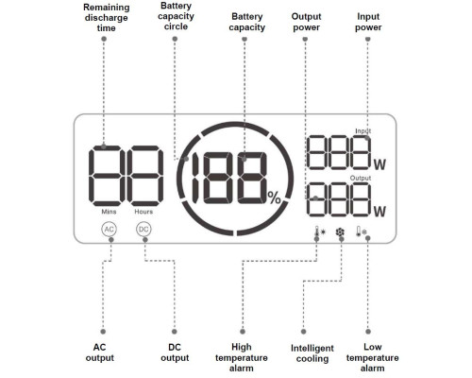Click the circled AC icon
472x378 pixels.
[109, 229]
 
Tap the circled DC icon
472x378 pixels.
[143, 229]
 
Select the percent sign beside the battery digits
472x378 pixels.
[274, 198]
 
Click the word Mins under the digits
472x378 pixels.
[109, 212]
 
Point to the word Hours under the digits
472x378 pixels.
[143, 212]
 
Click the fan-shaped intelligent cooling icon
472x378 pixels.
[340, 232]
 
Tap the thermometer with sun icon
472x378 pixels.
[320, 232]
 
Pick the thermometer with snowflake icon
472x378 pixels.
[362, 232]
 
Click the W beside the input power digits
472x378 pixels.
[379, 164]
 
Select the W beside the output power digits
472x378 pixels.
[379, 212]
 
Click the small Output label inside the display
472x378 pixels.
[361, 178]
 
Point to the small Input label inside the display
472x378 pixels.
[363, 131]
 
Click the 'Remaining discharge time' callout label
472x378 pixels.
[107, 18]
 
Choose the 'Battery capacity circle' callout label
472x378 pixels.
[176, 16]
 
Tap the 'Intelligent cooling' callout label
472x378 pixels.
[312, 353]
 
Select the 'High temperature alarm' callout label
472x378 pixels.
[242, 357]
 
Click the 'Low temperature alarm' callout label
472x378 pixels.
[373, 357]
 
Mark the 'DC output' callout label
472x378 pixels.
[175, 352]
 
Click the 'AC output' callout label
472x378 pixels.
[100, 352]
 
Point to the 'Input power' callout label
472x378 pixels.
[368, 22]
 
